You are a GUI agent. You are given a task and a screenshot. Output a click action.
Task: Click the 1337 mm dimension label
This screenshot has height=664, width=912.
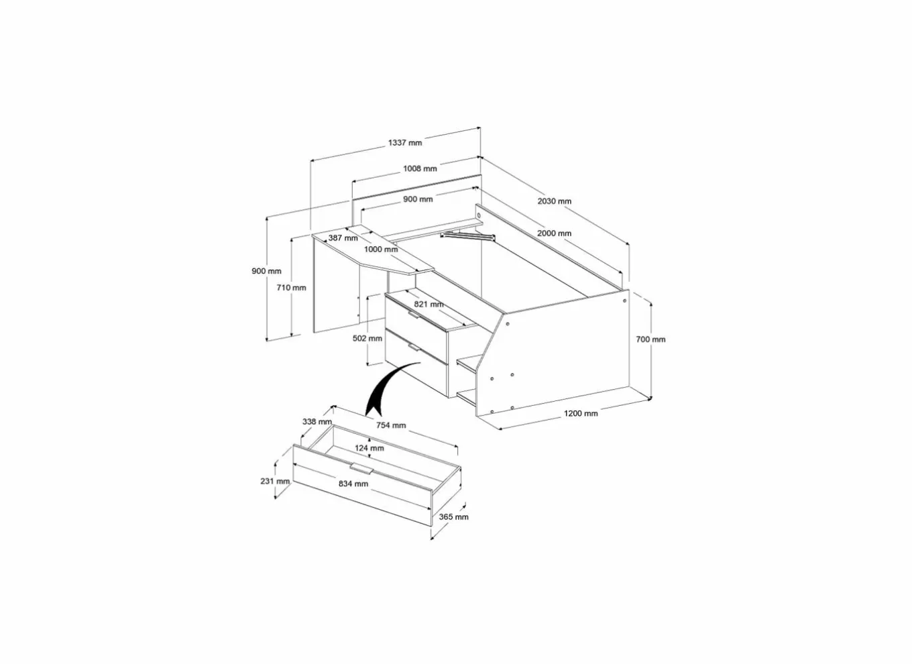[405, 143]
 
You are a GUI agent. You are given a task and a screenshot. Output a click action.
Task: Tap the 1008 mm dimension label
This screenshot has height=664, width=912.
[420, 168]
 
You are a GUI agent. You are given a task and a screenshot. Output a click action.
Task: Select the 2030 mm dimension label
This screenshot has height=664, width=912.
[554, 201]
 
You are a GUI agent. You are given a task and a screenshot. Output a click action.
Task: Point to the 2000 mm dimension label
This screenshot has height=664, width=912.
[554, 233]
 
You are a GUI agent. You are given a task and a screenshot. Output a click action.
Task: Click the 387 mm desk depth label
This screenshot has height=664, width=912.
[343, 237]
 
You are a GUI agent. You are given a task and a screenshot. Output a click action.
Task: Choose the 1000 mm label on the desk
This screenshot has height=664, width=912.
[381, 249]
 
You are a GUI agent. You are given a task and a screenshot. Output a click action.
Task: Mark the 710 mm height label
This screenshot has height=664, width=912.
[291, 288]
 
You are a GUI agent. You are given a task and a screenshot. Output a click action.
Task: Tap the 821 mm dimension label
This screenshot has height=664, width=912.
[429, 304]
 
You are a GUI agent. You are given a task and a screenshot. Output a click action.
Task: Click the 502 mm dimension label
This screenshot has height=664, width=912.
[367, 338]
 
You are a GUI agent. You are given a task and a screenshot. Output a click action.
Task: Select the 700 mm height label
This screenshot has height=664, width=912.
[650, 339]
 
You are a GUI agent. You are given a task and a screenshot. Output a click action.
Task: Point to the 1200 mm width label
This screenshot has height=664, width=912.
[581, 414]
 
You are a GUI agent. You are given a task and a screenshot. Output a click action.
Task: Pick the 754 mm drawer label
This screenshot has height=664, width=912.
[391, 425]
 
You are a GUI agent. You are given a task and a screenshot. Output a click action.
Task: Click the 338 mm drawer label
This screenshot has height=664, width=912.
[317, 422]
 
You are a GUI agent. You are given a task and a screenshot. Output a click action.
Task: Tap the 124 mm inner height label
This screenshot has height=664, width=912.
[369, 448]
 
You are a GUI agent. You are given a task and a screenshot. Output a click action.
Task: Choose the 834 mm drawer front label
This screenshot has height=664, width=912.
[353, 484]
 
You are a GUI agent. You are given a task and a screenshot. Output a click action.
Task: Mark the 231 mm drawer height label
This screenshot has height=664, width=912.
[275, 481]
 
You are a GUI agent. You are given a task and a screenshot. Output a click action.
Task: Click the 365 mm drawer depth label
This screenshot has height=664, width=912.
[453, 517]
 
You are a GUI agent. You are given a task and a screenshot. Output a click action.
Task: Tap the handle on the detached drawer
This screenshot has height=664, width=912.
[361, 469]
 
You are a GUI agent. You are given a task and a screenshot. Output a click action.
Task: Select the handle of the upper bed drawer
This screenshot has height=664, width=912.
[414, 315]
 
